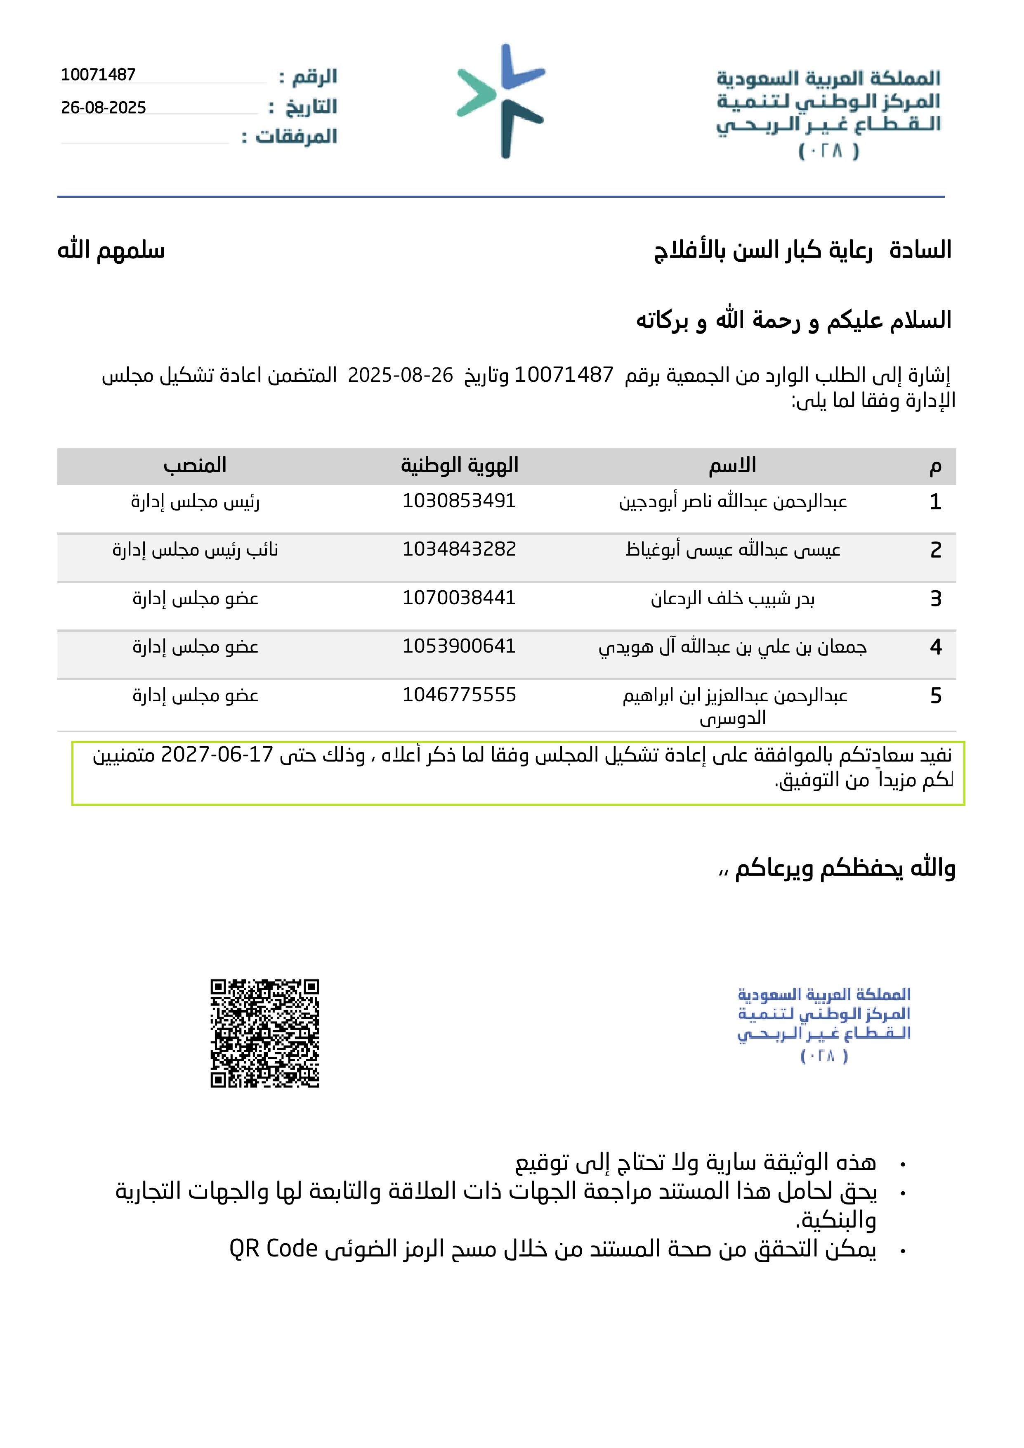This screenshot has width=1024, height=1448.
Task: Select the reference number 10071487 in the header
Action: pyautogui.click(x=98, y=75)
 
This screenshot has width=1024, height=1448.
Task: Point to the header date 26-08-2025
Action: pyautogui.click(x=104, y=108)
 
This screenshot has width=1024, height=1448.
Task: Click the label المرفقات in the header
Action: pyautogui.click(x=296, y=136)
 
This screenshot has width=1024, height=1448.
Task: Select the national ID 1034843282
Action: pyautogui.click(x=459, y=550)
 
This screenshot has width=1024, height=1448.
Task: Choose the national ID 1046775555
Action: pyautogui.click(x=459, y=696)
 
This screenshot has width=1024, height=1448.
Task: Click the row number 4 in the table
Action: pyautogui.click(x=935, y=648)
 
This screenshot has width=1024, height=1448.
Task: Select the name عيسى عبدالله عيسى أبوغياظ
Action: pyautogui.click(x=733, y=550)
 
